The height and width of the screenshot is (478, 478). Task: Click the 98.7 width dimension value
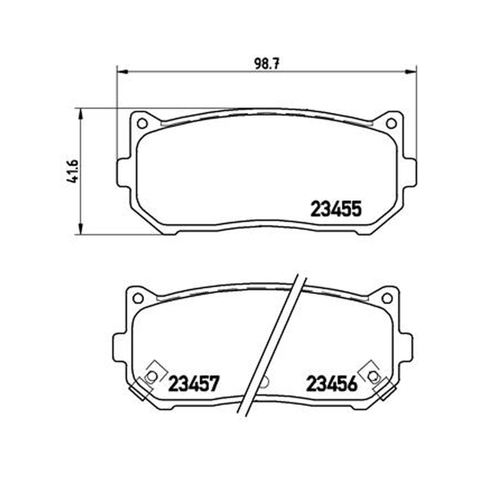tap(266, 64)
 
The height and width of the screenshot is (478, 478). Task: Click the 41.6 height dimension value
tap(73, 171)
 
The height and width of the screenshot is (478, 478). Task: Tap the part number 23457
tap(194, 384)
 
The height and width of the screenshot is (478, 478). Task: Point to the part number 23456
tap(332, 384)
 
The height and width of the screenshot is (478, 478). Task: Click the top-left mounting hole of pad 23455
tap(142, 124)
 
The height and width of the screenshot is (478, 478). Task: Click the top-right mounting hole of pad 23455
tap(391, 124)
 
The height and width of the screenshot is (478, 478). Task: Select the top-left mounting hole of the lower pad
tap(138, 298)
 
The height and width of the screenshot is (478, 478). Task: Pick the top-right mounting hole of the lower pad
tap(387, 298)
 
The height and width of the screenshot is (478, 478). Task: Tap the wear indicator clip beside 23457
tap(149, 379)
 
